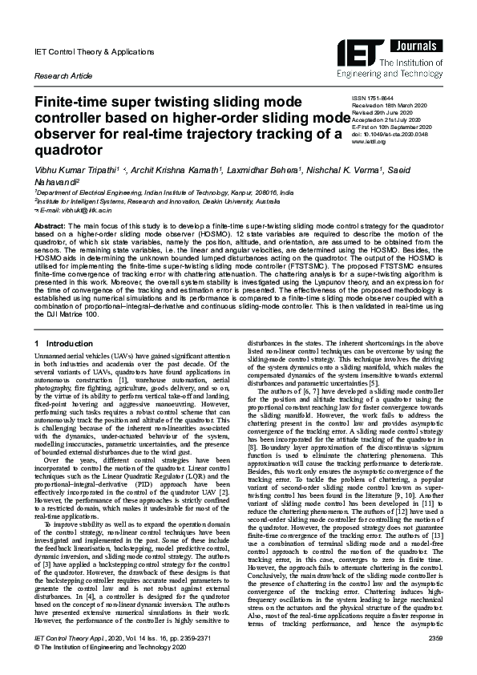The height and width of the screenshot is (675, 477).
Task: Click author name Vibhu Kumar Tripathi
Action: tap(75, 170)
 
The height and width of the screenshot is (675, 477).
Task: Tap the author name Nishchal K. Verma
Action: tap(349, 170)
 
